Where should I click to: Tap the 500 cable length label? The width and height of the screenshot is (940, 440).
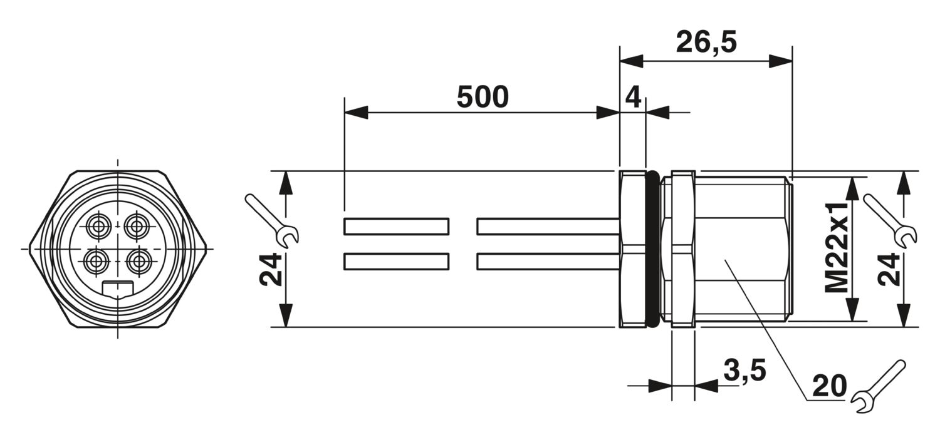tap(483, 97)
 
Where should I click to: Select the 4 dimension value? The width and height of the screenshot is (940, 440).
tap(633, 97)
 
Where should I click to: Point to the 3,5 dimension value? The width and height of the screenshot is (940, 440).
tap(745, 371)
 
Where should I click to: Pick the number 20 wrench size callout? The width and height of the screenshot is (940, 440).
tap(830, 386)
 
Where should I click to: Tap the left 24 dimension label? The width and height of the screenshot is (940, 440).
tap(270, 270)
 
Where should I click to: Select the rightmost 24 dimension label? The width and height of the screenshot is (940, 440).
tap(889, 270)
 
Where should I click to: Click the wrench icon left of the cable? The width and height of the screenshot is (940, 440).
tap(271, 219)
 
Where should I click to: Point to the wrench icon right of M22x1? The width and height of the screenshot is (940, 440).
tap(890, 220)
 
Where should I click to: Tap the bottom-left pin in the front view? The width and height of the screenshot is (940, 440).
tap(96, 262)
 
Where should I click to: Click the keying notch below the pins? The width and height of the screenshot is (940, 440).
tap(118, 289)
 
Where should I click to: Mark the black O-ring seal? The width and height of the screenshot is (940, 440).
tap(652, 249)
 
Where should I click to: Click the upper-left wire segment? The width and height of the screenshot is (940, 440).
tap(396, 227)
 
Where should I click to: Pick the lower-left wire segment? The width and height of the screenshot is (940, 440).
tap(396, 262)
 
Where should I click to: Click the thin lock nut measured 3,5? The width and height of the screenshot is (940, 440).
tap(683, 249)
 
